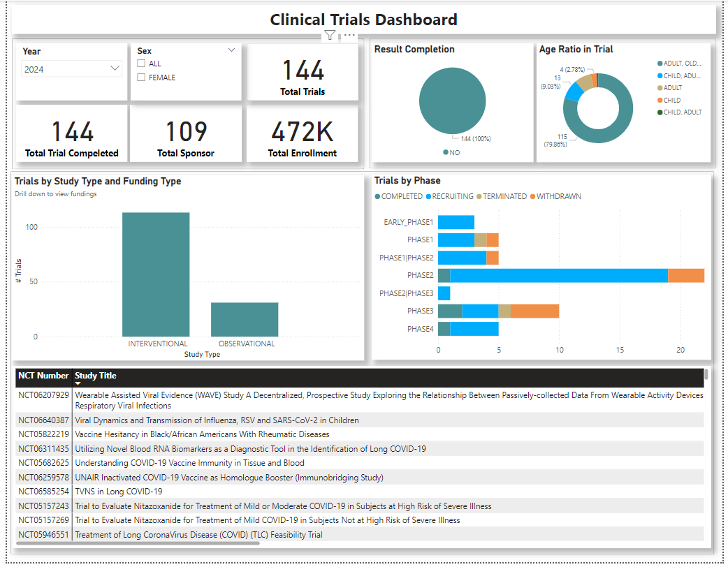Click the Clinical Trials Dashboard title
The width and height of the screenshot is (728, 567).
(363, 20)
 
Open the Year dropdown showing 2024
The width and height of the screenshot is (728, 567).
(115, 68)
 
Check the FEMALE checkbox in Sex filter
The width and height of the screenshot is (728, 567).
(141, 78)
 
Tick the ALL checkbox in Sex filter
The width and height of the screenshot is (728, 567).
(141, 64)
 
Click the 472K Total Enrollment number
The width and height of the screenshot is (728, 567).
(302, 131)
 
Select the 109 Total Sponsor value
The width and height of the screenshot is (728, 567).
(186, 131)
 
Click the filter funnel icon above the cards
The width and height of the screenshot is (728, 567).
(330, 36)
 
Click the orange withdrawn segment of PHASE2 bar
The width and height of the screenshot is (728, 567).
(686, 275)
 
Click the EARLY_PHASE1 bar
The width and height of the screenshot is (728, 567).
(456, 222)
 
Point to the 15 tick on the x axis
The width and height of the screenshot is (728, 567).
(620, 349)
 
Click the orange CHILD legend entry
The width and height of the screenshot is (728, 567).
(671, 100)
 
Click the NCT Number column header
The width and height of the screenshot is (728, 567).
(43, 376)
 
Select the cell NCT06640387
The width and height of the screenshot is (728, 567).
(43, 420)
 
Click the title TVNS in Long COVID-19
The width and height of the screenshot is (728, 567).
(118, 492)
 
